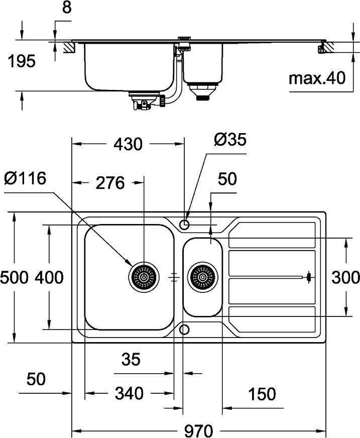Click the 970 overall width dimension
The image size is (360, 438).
(199, 430)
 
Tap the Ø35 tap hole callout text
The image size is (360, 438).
(230, 140)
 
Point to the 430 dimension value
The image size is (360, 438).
(128, 144)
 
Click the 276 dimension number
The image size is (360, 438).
(110, 183)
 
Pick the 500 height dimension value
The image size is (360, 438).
(14, 277)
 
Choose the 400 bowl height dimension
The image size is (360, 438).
(49, 277)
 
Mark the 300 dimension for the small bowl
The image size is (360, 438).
(346, 277)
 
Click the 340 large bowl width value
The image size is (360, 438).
(130, 393)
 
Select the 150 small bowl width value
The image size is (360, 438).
(262, 394)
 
